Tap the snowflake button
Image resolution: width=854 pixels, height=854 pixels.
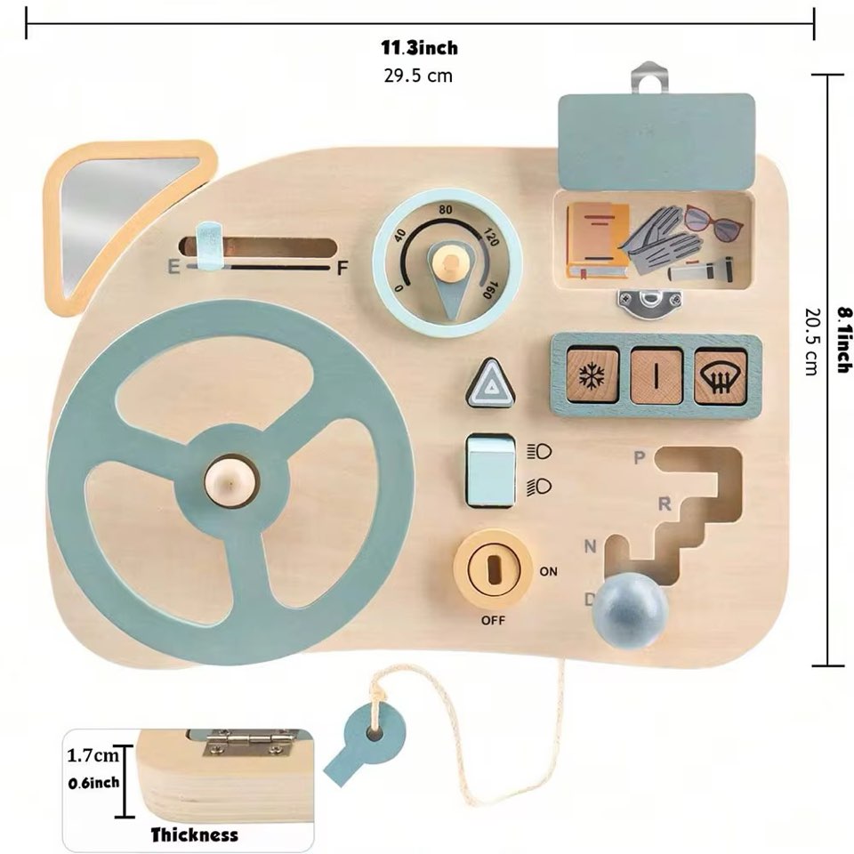(x=592, y=375)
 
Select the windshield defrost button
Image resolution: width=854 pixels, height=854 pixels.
(x=720, y=375)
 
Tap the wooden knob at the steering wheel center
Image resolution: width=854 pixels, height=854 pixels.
(x=230, y=481)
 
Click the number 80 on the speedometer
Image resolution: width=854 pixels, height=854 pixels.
(x=447, y=211)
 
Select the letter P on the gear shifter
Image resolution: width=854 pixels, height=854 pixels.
(x=639, y=458)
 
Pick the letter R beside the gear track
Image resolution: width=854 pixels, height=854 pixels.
(x=664, y=504)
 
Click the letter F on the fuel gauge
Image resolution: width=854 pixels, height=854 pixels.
(x=342, y=268)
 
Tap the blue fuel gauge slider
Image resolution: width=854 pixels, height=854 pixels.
(x=207, y=246)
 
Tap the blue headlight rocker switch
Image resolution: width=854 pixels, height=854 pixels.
(x=490, y=469)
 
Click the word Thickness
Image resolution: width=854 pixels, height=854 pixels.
(x=194, y=834)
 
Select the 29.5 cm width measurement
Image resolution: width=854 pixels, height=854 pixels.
(x=418, y=76)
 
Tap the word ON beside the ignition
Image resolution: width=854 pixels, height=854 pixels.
(x=548, y=571)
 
